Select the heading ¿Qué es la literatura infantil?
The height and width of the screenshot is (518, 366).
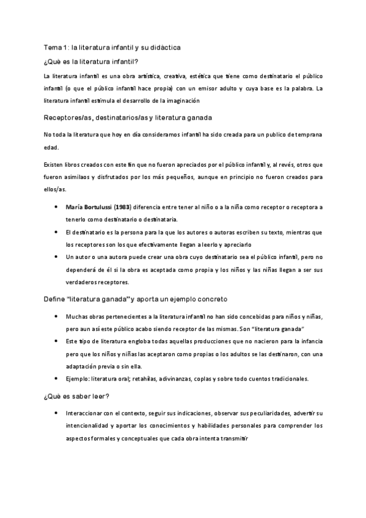pos(92,60)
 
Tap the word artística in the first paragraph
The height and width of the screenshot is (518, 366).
pos(147,76)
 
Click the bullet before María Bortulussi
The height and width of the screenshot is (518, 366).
pos(56,207)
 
